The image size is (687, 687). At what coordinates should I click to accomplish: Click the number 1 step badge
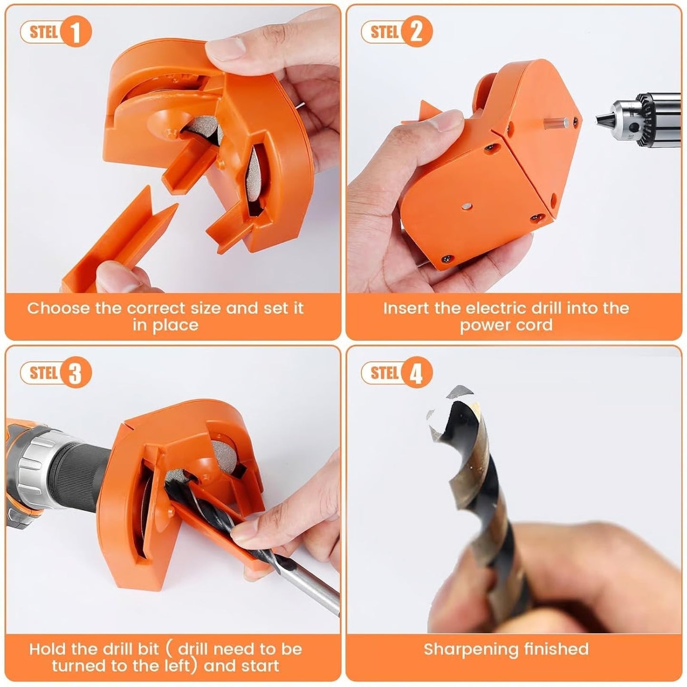75,32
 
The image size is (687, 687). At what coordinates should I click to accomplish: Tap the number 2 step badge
416,32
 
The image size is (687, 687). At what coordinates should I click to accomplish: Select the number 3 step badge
75,373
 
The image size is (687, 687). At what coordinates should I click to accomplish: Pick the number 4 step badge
416,373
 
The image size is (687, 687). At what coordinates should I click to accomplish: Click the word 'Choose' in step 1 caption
58,308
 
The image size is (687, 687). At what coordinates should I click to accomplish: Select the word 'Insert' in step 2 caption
406,308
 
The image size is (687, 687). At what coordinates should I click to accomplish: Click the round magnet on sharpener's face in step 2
467,206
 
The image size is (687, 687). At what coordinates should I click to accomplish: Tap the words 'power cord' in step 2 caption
506,326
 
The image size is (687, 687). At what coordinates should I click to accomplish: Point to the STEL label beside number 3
43,373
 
